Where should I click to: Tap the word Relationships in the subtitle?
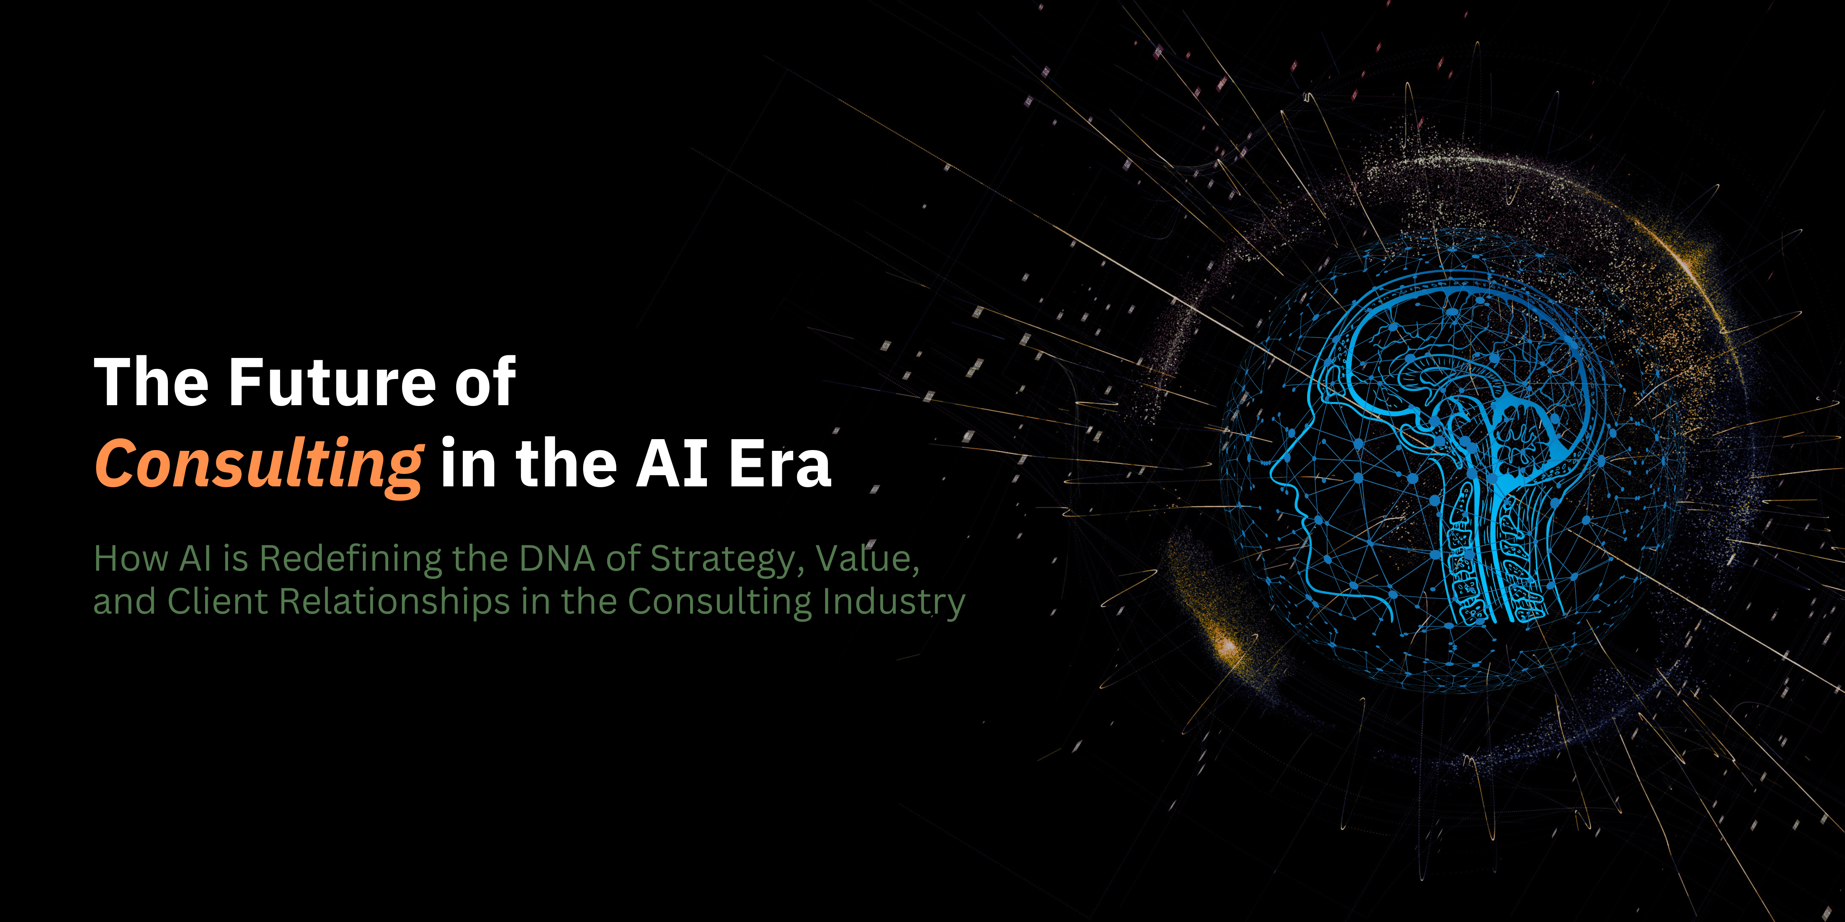(394, 601)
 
